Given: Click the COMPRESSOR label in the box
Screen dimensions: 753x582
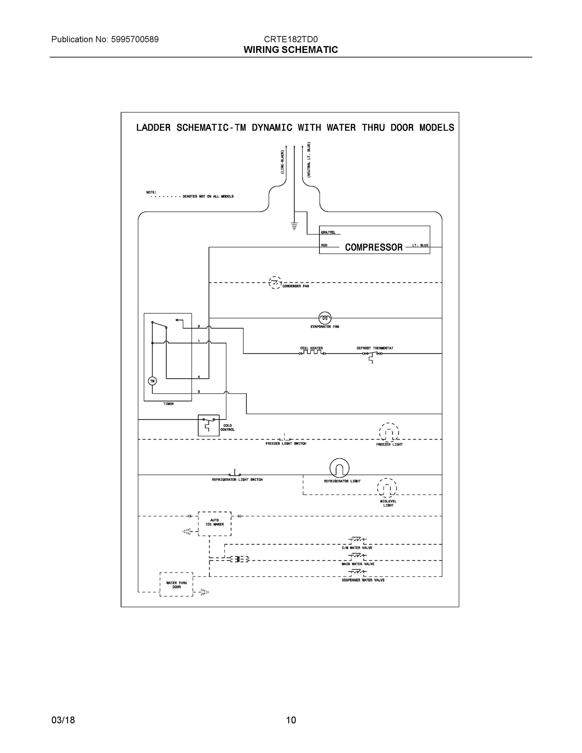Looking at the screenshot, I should click(x=373, y=247).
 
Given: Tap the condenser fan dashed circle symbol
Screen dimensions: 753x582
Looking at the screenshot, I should click(x=275, y=283).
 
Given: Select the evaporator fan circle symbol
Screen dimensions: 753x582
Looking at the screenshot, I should click(x=325, y=318).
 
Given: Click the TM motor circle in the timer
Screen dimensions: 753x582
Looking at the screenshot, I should click(x=152, y=381).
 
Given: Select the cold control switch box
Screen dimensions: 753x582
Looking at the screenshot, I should click(x=209, y=425).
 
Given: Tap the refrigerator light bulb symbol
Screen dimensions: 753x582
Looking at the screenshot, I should click(x=339, y=468).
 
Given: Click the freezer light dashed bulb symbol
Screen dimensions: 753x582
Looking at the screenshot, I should click(x=389, y=432).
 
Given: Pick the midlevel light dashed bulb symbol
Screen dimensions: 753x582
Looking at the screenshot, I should click(x=387, y=488).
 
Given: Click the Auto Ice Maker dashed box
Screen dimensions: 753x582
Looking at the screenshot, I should click(x=215, y=523).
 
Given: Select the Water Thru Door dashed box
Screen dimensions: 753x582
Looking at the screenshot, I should click(x=176, y=585).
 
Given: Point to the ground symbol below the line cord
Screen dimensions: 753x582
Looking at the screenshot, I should click(x=294, y=226).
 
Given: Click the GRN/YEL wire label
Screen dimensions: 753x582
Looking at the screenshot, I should click(x=328, y=232).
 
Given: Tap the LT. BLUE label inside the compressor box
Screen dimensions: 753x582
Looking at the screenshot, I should click(x=420, y=245).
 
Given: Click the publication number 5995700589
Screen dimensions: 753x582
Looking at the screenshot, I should click(x=135, y=39).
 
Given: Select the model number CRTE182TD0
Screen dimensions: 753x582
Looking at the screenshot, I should click(x=291, y=39).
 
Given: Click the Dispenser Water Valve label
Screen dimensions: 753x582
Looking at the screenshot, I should click(x=363, y=580).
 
